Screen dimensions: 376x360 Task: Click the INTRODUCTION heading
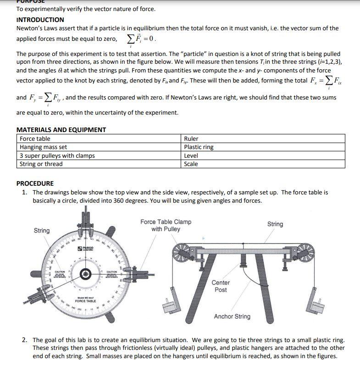point(40,20)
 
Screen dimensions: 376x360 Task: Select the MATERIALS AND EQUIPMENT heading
point(61,130)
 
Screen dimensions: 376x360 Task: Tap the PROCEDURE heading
point(35,183)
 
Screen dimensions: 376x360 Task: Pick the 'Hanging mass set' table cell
point(43,147)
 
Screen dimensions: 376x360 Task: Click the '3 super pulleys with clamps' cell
point(57,155)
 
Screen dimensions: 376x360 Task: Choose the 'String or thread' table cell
point(41,164)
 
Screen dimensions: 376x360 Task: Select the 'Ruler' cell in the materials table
point(191,138)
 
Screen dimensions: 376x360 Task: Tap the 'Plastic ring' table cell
point(199,147)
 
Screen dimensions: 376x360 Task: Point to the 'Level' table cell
point(191,155)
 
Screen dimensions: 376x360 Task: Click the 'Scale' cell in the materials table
point(191,164)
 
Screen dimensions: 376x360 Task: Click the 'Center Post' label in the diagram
point(221,286)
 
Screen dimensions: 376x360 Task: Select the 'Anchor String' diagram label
point(232,316)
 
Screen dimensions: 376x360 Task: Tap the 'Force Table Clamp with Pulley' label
point(166,225)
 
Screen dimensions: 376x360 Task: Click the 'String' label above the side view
point(275,224)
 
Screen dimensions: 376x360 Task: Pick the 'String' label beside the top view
point(42,230)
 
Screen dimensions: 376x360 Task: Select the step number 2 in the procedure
point(24,340)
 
